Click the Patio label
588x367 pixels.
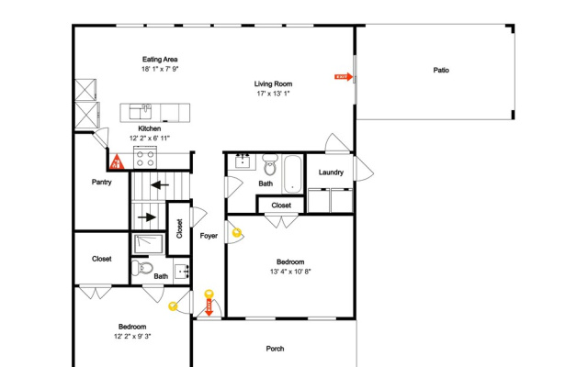tap(441, 70)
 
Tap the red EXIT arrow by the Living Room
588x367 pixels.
tap(344, 77)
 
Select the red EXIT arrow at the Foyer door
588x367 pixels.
tap(209, 307)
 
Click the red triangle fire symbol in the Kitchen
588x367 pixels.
tap(117, 161)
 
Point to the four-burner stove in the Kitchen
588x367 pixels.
tap(145, 158)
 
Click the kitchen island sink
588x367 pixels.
tap(141, 112)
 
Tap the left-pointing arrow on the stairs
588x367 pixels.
tap(160, 184)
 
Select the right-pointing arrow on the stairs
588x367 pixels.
tap(147, 217)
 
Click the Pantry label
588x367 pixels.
tap(102, 182)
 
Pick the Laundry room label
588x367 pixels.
tap(331, 172)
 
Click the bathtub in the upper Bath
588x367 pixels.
tap(292, 173)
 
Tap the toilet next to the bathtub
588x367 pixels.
tap(269, 165)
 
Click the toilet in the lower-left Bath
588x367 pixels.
tap(142, 268)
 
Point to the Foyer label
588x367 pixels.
tap(209, 236)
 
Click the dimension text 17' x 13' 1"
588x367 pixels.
tap(273, 94)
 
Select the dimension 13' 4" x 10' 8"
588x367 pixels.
tap(290, 272)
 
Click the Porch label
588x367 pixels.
tap(275, 349)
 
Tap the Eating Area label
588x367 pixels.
tap(160, 59)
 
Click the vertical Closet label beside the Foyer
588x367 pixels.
tap(179, 228)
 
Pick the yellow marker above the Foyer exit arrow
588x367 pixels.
tap(209, 294)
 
